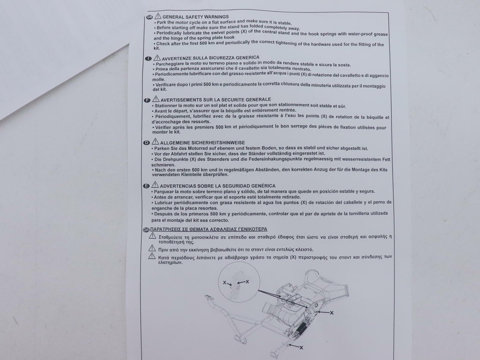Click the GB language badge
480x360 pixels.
click(150, 17)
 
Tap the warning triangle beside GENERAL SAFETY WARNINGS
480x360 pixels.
click(158, 16)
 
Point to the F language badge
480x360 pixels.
click(147, 100)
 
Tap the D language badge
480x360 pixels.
click(146, 143)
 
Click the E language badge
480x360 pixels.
click(146, 186)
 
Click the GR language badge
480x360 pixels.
click(146, 230)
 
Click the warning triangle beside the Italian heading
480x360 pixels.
click(157, 58)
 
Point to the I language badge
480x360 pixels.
click(148, 59)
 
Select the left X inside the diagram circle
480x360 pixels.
click(225, 283)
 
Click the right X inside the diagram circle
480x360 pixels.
click(247, 282)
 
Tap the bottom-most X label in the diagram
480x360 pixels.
click(301, 347)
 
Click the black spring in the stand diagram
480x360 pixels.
click(300, 330)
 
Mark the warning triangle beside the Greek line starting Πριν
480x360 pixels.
click(152, 248)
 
